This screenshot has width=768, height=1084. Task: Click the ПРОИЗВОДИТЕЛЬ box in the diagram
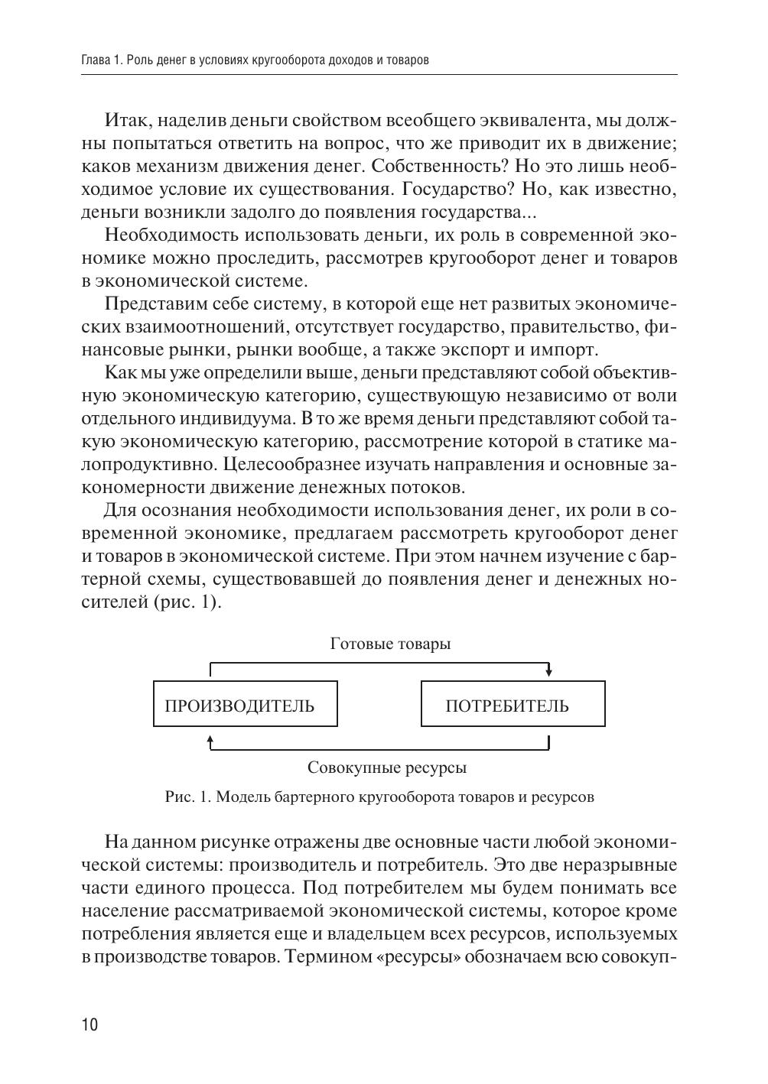245,704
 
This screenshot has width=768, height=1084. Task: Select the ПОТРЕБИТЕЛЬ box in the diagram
513,704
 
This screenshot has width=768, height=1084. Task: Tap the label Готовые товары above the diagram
390,644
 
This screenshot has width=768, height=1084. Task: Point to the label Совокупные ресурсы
387,767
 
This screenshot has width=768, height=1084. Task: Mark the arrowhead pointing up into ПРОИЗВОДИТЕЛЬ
210,738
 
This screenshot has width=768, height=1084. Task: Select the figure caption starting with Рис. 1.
379,797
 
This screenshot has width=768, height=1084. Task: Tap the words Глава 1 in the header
101,60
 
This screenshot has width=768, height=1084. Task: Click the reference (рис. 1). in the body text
187,602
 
